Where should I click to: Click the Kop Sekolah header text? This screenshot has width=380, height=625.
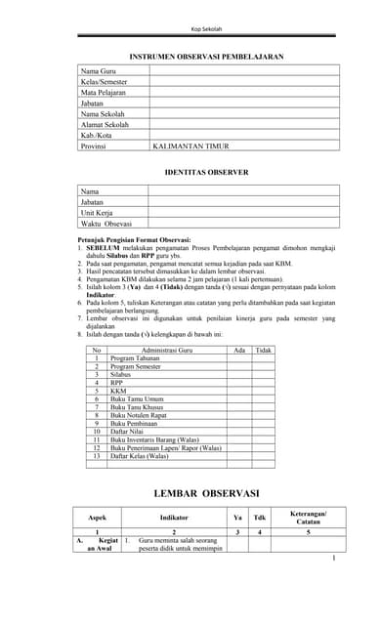(x=206, y=29)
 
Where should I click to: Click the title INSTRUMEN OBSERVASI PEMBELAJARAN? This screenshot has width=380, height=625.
(x=206, y=58)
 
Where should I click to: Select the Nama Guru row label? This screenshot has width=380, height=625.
(x=99, y=71)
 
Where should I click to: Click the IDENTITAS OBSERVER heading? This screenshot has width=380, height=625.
(x=206, y=172)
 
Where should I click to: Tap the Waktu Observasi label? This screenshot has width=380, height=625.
(x=106, y=224)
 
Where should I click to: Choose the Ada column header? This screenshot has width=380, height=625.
(x=239, y=349)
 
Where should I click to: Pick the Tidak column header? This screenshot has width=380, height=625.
(x=264, y=349)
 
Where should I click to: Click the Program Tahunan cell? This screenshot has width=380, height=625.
(x=135, y=358)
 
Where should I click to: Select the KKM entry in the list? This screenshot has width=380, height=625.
(x=118, y=391)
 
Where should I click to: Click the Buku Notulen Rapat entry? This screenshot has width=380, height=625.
(x=138, y=414)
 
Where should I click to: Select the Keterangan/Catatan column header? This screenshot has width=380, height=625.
(x=308, y=518)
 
